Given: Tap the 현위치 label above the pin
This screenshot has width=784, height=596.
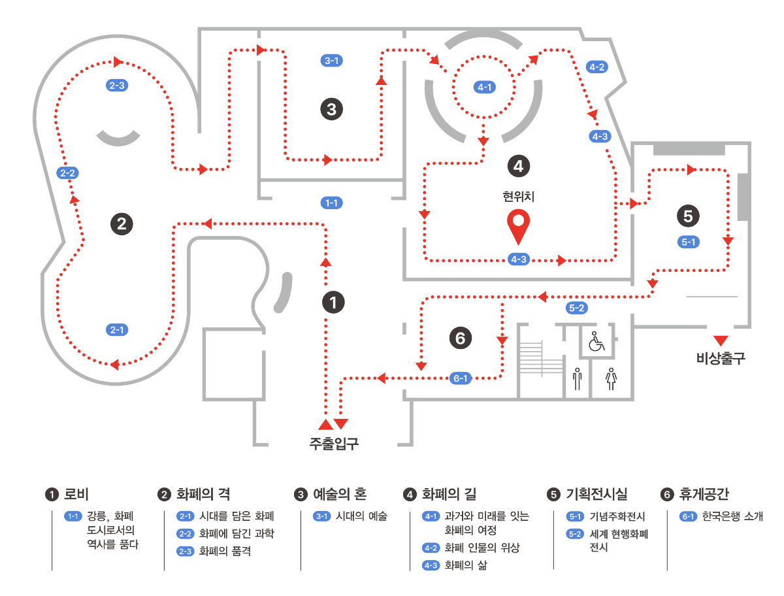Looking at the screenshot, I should click(519, 195).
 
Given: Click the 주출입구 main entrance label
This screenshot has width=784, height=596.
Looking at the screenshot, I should click(334, 444).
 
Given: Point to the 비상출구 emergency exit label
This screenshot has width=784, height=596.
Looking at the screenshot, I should click(721, 358).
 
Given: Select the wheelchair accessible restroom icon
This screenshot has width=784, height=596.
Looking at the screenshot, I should click(596, 341).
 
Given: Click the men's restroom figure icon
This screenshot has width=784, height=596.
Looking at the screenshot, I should click(577, 378).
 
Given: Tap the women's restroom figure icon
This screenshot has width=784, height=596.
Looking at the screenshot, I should click(612, 378).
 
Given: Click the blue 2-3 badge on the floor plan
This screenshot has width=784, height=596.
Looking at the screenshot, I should click(118, 85).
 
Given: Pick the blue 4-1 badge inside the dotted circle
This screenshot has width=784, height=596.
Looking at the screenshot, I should click(484, 87).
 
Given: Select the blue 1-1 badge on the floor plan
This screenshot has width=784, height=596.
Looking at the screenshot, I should click(332, 203).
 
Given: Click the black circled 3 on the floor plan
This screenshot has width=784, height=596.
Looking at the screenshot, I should click(332, 108).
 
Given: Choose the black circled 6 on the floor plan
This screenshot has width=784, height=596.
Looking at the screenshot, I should click(460, 338).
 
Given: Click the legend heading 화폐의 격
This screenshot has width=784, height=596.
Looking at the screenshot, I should click(203, 494).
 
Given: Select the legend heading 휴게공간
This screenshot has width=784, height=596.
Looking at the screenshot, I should click(704, 494).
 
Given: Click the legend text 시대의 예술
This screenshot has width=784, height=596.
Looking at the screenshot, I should click(361, 516).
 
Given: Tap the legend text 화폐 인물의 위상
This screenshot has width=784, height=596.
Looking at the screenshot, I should click(482, 548).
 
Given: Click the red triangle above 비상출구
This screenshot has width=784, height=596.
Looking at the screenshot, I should click(721, 340).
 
